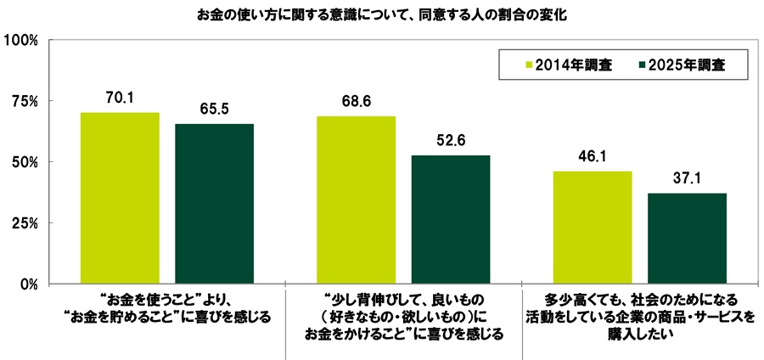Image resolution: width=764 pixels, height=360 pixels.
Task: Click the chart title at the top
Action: click(381, 14)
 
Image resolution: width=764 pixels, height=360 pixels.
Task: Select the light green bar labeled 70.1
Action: click(120, 198)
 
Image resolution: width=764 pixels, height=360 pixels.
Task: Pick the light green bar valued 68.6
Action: click(356, 200)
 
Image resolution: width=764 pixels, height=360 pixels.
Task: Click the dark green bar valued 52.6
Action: click(451, 219)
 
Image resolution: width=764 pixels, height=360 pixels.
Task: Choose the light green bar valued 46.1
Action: click(593, 227)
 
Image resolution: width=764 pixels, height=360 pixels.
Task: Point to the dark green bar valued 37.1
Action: click(688, 238)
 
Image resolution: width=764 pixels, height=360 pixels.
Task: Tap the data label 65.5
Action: click(215, 109)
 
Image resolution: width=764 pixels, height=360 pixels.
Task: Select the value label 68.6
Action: click(356, 101)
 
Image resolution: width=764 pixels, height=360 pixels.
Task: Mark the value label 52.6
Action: click(451, 140)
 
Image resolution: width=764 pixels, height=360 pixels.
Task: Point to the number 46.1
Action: click(593, 156)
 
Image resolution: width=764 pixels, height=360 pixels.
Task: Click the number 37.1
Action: click(688, 178)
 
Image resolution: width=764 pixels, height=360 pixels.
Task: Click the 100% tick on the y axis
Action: click(22, 40)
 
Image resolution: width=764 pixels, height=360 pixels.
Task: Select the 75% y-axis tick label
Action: click(25, 101)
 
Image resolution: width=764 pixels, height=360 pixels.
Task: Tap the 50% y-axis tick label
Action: click(25, 162)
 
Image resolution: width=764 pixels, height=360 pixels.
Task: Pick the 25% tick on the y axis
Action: click(25, 223)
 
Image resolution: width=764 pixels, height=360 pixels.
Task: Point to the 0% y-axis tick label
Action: click(29, 284)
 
